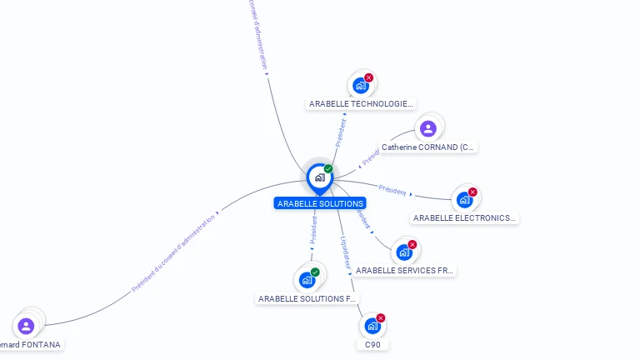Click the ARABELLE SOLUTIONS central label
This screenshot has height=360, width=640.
(320, 203)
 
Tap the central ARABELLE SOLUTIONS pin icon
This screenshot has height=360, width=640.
(319, 177)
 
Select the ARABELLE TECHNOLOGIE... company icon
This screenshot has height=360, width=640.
(361, 85)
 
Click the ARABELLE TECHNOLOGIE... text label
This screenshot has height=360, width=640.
(361, 104)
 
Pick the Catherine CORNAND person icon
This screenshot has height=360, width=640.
(428, 128)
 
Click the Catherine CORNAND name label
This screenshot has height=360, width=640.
(428, 147)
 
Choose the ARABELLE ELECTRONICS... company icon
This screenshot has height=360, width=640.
(464, 200)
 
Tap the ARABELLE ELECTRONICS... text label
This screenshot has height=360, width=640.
(464, 218)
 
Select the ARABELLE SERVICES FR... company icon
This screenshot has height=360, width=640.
(404, 252)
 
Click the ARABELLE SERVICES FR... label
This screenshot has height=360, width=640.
(405, 271)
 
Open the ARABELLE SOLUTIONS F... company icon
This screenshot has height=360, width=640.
(307, 280)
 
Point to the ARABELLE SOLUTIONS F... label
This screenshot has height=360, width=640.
(307, 298)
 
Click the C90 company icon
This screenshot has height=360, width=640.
(372, 326)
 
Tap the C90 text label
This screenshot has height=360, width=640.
(372, 344)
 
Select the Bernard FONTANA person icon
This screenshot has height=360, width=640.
(26, 326)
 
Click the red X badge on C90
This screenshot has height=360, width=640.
(381, 317)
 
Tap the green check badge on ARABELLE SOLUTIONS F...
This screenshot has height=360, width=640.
(315, 272)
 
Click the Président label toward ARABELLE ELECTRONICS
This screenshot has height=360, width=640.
(392, 189)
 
